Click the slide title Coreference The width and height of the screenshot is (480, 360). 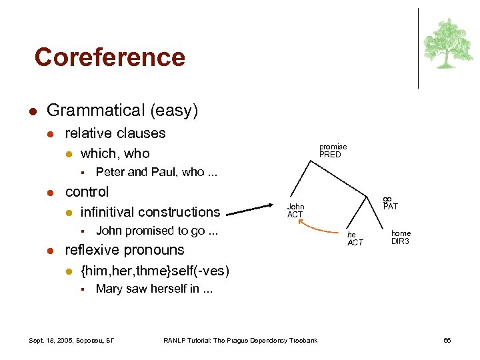[109, 57]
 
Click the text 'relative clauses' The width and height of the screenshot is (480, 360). [115, 133]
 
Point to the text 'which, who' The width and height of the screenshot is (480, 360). [115, 153]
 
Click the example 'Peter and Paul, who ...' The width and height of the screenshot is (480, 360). [157, 172]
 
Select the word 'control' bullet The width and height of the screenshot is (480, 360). [87, 192]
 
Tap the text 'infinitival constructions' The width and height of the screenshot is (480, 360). [150, 212]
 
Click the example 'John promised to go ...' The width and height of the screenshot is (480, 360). [157, 231]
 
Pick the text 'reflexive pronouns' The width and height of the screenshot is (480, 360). [124, 250]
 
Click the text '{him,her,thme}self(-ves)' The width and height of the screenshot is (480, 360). [155, 271]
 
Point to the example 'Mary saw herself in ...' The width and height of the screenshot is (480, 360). [154, 289]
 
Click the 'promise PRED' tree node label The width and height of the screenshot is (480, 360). [333, 151]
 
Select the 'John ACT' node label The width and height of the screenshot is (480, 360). [295, 211]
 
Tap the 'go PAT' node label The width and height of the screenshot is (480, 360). [390, 203]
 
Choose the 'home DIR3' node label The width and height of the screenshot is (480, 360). [401, 237]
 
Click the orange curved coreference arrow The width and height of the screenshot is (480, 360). [319, 230]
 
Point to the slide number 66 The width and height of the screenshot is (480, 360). [447, 341]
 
